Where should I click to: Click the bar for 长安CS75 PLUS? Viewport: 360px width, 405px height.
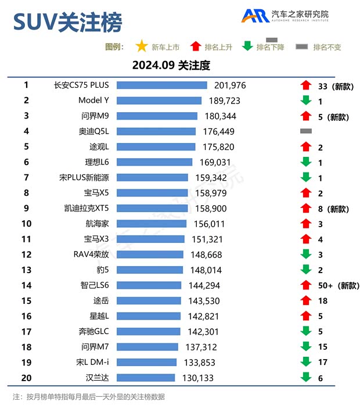pyautogui.click(x=161, y=85)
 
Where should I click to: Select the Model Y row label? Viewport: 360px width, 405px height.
pyautogui.click(x=93, y=101)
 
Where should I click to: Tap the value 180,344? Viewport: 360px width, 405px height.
pyautogui.click(x=221, y=116)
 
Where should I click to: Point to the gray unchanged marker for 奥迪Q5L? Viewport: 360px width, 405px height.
pyautogui.click(x=306, y=131)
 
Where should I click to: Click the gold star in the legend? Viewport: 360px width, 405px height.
pyautogui.click(x=141, y=46)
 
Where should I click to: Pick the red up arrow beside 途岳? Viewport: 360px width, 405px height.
pyautogui.click(x=306, y=300)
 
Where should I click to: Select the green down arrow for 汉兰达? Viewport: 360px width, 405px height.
pyautogui.click(x=306, y=377)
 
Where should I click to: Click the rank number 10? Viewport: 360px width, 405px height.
pyautogui.click(x=26, y=223)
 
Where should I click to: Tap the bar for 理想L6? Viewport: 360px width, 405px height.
pyautogui.click(x=154, y=162)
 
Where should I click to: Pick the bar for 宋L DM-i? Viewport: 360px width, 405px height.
pyautogui.click(x=146, y=362)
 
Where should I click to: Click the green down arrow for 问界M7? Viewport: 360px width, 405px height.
pyautogui.click(x=306, y=346)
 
